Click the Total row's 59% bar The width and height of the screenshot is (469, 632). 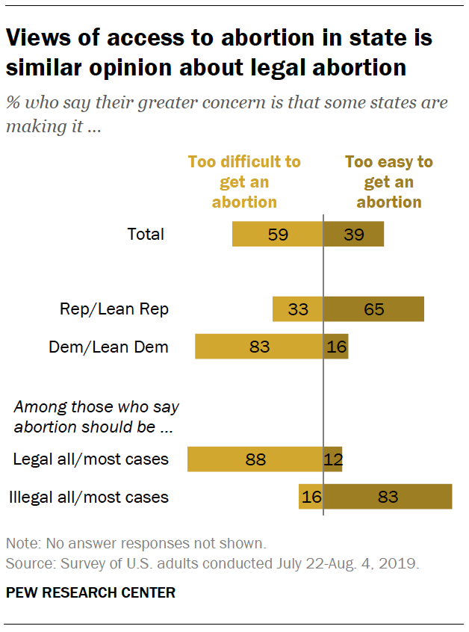click(277, 234)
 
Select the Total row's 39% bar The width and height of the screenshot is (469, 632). click(353, 234)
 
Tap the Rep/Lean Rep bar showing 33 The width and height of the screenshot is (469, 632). click(297, 309)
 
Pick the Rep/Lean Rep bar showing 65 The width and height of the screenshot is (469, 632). click(373, 309)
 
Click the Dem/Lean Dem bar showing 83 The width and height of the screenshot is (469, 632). click(258, 347)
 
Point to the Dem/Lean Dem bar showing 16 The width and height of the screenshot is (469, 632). click(336, 347)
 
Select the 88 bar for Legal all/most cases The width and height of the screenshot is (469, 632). click(255, 459)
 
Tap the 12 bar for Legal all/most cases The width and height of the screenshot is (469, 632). click(333, 459)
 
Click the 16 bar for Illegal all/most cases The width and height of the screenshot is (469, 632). click(311, 497)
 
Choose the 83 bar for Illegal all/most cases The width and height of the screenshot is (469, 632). click(388, 497)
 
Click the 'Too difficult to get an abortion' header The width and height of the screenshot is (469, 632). click(244, 182)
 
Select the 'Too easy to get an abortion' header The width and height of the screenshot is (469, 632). click(388, 182)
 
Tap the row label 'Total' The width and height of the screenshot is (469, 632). click(146, 234)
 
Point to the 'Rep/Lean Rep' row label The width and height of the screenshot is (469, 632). click(114, 309)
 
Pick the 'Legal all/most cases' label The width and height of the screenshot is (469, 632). click(90, 459)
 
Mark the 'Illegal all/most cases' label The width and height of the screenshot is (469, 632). click(87, 497)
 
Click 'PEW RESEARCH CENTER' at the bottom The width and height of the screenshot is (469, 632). click(90, 593)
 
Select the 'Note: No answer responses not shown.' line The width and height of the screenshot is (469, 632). click(135, 543)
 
